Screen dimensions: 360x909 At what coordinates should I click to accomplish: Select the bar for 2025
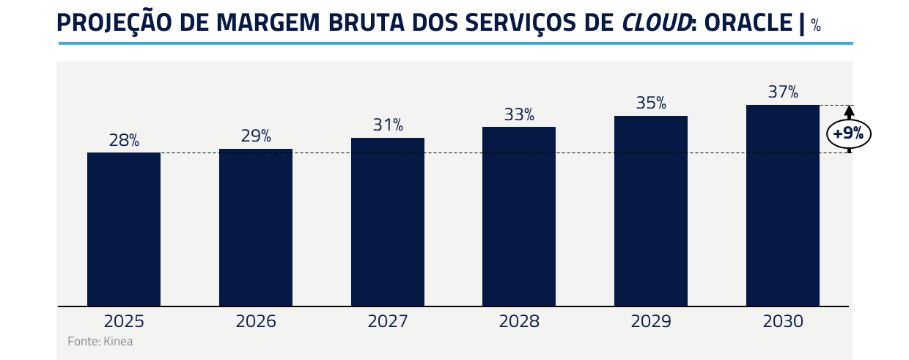124,229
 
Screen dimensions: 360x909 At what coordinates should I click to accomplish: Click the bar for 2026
256,227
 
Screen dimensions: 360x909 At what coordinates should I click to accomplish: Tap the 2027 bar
388,221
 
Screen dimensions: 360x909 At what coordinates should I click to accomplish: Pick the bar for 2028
519,216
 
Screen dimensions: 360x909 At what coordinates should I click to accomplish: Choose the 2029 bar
651,210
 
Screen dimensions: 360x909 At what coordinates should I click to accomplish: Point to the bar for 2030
783,205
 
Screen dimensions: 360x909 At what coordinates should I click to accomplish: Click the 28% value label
124,141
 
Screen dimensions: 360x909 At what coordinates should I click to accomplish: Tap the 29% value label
256,136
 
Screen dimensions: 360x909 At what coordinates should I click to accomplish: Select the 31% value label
388,125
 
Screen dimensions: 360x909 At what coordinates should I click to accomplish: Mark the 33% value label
519,114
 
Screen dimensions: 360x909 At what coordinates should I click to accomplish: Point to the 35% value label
651,103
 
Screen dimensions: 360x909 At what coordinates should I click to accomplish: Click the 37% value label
783,92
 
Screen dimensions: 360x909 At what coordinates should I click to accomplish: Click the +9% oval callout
849,134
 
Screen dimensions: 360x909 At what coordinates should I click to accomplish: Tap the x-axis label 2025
124,321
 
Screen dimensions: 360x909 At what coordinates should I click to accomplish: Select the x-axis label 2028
519,321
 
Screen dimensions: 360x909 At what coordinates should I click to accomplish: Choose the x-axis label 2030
783,321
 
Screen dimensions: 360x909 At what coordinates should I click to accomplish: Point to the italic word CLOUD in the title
655,23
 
